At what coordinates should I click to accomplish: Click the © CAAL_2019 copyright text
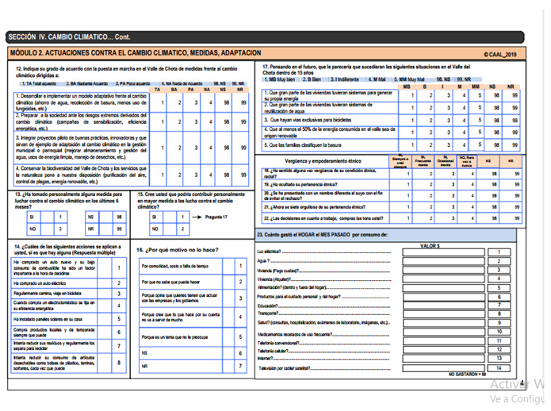click(499, 54)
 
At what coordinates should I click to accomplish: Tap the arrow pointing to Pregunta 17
click(194, 215)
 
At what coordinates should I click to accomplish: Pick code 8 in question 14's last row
click(118, 363)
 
